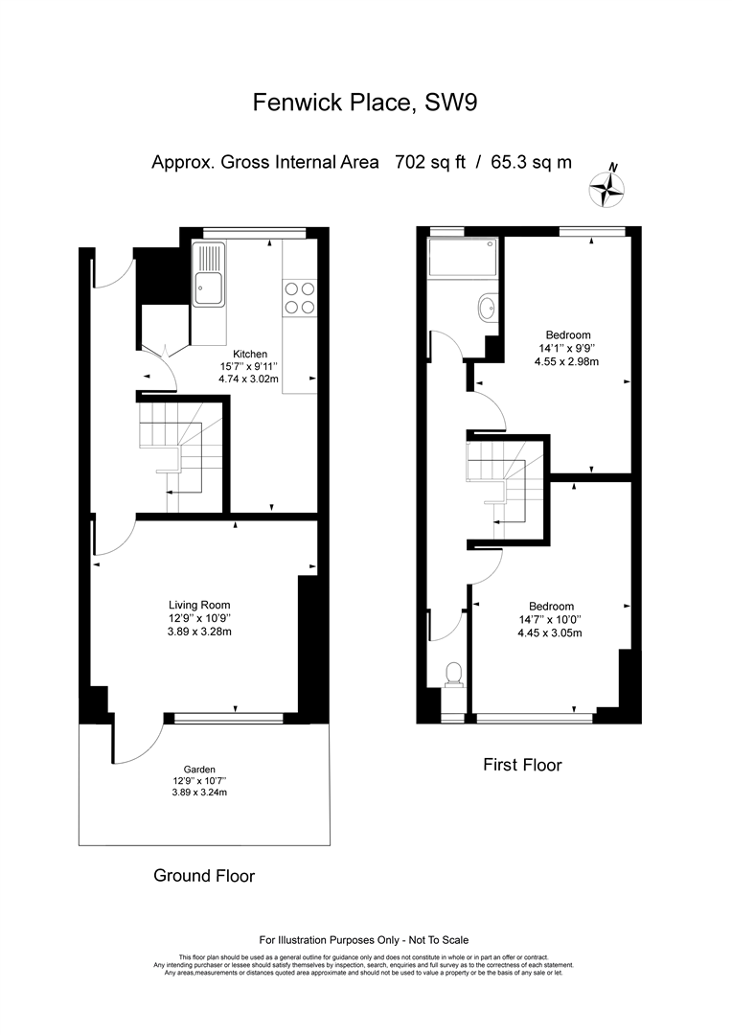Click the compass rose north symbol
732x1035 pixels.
coord(607,188)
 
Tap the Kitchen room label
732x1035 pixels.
coord(249,355)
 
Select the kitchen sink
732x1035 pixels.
coord(209,274)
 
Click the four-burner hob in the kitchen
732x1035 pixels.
coord(299,298)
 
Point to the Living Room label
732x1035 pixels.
coord(199,605)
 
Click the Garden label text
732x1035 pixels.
coord(199,770)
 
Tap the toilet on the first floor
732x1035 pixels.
coord(453,676)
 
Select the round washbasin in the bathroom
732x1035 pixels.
coord(487,307)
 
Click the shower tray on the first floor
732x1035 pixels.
coord(460,258)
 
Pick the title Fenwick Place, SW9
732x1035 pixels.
coord(365,103)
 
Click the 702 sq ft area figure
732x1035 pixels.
coord(429,162)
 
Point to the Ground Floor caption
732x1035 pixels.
coord(204,876)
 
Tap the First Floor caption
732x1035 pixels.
coord(522,765)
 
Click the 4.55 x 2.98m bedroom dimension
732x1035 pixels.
coord(567,361)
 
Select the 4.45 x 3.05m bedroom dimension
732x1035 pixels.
coord(551,633)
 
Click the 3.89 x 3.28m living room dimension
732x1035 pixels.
coord(199,632)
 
